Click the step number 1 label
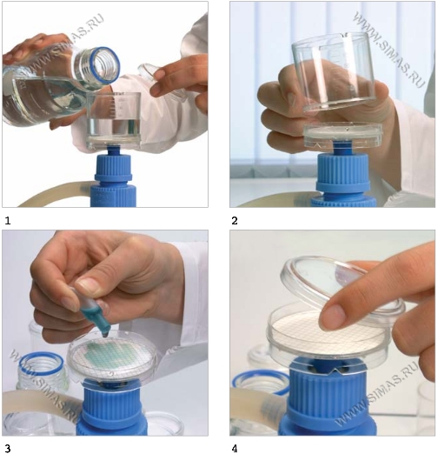[8, 221]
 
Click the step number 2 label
[235, 221]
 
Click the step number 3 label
[8, 449]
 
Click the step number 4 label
[235, 449]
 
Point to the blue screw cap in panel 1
[113, 177]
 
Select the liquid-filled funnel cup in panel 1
[114, 119]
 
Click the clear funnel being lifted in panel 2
[333, 71]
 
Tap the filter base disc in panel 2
[342, 134]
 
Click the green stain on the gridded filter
[111, 354]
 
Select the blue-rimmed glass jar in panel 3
[42, 372]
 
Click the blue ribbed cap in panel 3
[111, 411]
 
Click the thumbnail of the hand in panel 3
[85, 284]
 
